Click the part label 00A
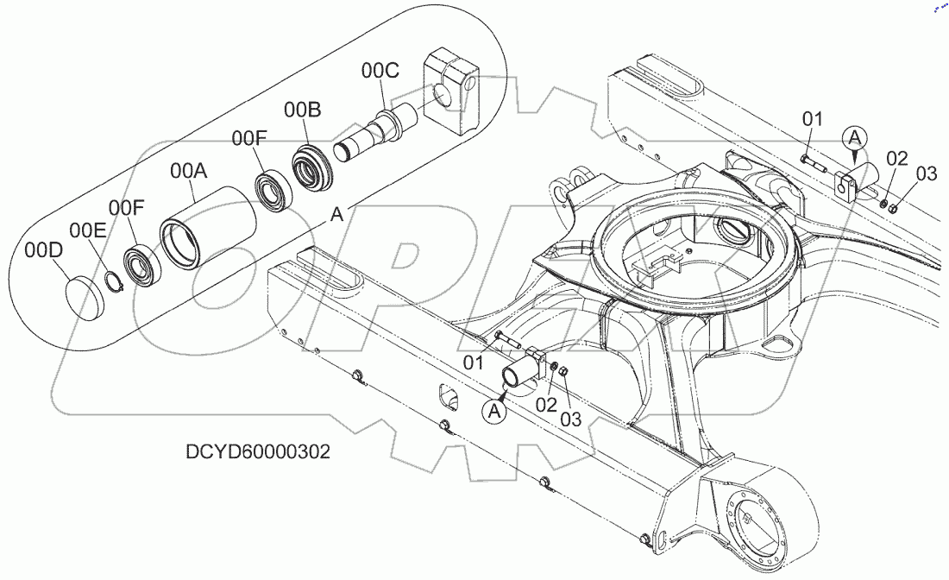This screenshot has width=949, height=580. (x=188, y=172)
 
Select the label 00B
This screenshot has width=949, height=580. (x=303, y=110)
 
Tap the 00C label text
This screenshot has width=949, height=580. (x=380, y=71)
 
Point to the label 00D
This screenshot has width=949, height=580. (x=43, y=250)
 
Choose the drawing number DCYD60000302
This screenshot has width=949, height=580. (x=258, y=452)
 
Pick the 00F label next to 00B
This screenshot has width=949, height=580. (x=249, y=138)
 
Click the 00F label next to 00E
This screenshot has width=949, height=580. (x=127, y=208)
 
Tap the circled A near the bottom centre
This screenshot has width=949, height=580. (x=495, y=413)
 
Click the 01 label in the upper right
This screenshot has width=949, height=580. (x=813, y=118)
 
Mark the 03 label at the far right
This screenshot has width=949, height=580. (x=926, y=173)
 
